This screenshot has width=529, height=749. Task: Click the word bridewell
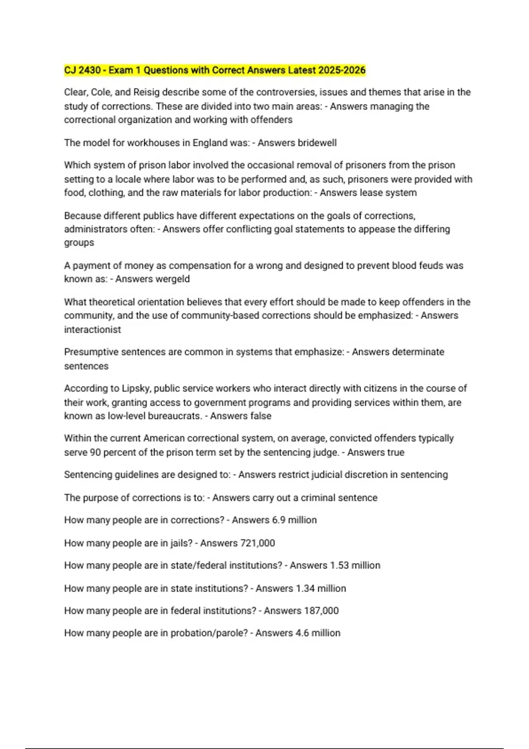tap(317, 143)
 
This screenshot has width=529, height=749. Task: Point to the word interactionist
tap(92, 330)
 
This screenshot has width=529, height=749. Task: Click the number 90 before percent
tap(95, 452)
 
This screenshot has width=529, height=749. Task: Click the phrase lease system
tap(390, 193)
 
